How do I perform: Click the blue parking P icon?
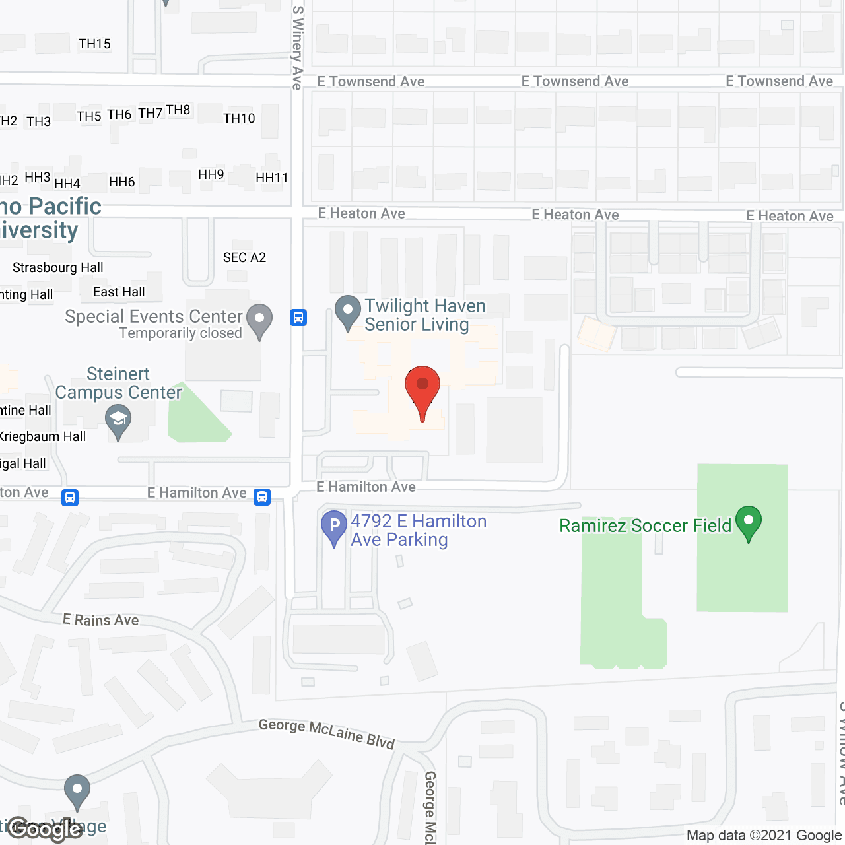pos(334,527)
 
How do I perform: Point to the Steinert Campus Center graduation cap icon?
pos(118,421)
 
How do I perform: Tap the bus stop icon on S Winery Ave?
pos(298,318)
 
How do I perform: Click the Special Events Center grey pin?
pos(259,321)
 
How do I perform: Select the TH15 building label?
pos(94,44)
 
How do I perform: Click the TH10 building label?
pos(239,119)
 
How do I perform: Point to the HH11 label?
pos(272,178)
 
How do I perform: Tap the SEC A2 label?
pos(244,258)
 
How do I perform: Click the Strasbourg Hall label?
pos(58,268)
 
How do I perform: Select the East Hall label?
pos(119,292)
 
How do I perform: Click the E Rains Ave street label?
pos(101,620)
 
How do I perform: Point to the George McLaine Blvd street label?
pos(327,733)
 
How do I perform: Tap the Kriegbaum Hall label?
pos(43,437)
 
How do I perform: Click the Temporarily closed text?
pos(181,333)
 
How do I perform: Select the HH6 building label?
pos(122,182)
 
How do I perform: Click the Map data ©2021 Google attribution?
pos(764,836)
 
